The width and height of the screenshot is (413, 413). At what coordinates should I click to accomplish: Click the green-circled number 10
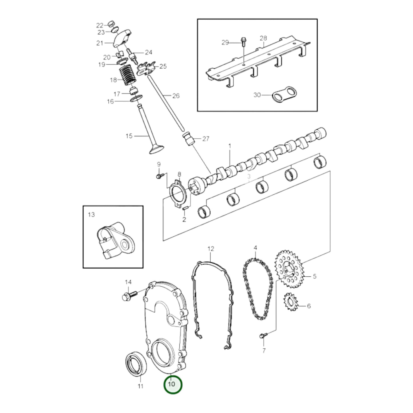point(173,384)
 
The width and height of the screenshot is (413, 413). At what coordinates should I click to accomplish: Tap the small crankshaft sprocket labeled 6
point(291,303)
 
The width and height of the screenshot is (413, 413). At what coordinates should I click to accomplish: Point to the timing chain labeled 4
point(257,289)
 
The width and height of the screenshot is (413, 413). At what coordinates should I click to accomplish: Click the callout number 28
point(263,38)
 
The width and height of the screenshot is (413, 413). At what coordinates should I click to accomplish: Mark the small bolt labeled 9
point(159,176)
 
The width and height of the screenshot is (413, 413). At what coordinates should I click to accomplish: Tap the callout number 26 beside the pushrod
point(176,96)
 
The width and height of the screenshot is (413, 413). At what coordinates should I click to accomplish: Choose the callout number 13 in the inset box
point(91,214)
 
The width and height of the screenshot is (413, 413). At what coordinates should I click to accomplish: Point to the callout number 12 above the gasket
point(211,249)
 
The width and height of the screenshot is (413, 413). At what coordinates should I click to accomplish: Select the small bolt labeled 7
point(263,336)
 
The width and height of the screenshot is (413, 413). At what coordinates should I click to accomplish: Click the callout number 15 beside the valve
point(129,136)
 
